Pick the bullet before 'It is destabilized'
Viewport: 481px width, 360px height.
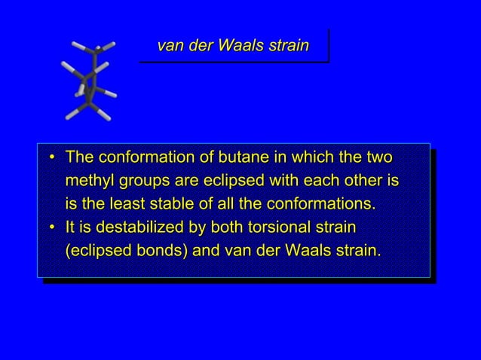click(x=51, y=227)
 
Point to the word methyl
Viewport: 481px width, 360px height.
click(x=90, y=182)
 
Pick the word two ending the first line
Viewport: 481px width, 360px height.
click(x=383, y=159)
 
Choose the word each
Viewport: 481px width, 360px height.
click(x=314, y=182)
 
